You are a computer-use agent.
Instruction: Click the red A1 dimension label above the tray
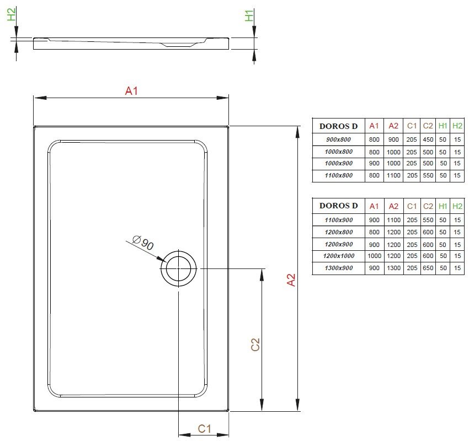(131, 90)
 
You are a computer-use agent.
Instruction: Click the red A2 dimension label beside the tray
(291, 280)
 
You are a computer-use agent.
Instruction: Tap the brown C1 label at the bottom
(205, 429)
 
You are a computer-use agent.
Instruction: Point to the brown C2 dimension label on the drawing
(255, 344)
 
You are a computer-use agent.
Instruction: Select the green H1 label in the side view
(249, 15)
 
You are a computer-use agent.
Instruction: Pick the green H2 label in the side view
(12, 14)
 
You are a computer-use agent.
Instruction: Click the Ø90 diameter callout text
(143, 243)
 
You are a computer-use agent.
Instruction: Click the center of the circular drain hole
(179, 268)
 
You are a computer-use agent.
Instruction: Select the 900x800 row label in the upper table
(338, 139)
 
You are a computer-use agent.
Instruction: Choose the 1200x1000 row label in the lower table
(339, 256)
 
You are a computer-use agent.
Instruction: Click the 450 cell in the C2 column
(428, 139)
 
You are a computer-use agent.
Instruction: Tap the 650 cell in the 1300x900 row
(428, 268)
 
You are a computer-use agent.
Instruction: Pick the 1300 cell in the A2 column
(393, 268)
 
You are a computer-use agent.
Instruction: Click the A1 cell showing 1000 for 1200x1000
(374, 256)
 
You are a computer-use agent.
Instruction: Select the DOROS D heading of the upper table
(339, 126)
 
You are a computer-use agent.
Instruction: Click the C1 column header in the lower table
(412, 206)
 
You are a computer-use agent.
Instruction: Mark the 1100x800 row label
(339, 175)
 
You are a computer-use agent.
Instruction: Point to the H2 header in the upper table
(457, 126)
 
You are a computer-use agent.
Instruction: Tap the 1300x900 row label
(339, 268)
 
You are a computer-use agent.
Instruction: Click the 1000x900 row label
(339, 163)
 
